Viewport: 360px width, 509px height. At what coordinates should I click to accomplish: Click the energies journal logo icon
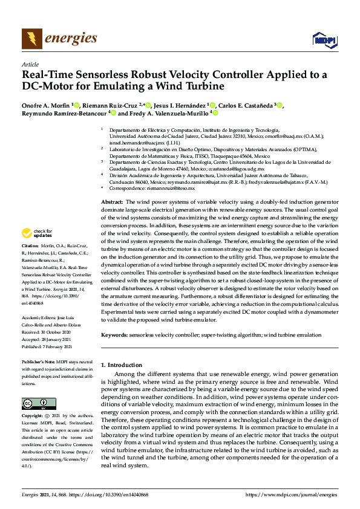pyautogui.click(x=32, y=39)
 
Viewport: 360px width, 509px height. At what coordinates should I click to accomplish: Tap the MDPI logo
pyautogui.click(x=323, y=41)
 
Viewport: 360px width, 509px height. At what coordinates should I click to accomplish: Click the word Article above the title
pyautogui.click(x=30, y=64)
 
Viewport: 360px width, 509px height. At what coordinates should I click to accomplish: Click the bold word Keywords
pyautogui.click(x=114, y=334)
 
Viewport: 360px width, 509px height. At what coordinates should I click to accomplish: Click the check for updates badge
pyautogui.click(x=37, y=233)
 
